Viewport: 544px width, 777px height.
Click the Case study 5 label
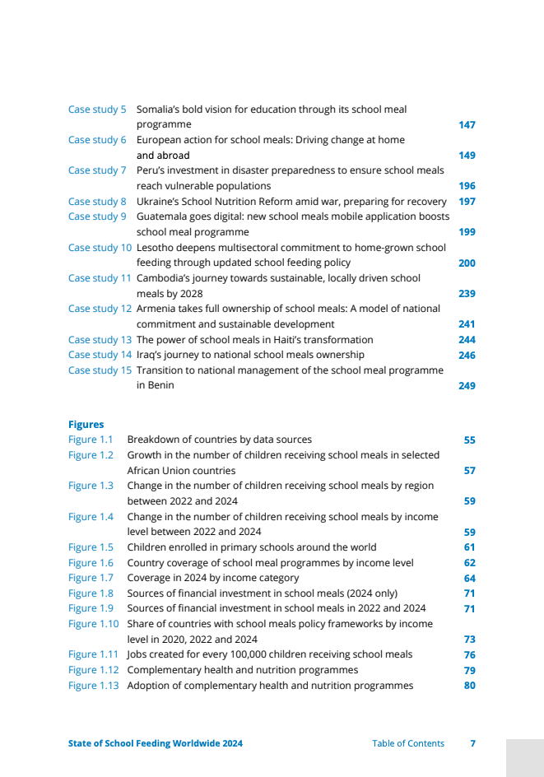pos(97,109)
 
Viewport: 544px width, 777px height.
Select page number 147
pos(467,125)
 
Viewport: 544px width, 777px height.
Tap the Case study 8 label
pos(97,202)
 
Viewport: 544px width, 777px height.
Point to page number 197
pos(467,202)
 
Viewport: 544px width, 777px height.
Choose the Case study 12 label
pos(100,309)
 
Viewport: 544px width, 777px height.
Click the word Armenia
pos(156,309)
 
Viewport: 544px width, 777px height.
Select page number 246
pos(467,356)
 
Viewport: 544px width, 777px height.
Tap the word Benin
pos(160,385)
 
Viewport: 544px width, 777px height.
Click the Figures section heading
pos(86,425)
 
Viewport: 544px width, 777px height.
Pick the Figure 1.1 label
pos(91,440)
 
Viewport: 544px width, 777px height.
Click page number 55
pos(469,440)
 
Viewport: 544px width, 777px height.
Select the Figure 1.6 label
pos(91,563)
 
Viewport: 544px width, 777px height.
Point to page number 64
pos(469,579)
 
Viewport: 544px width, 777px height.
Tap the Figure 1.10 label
pos(93,624)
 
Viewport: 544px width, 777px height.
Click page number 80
pos(469,686)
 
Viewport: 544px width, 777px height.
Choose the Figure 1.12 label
pos(93,670)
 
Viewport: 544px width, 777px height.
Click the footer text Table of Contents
pos(407,743)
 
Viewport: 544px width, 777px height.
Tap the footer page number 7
pos(472,743)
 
